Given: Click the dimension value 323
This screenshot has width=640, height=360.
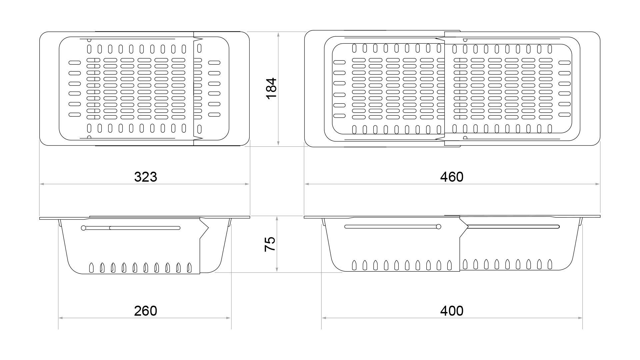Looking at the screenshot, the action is pos(145,177).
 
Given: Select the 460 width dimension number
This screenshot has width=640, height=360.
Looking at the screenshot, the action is pos(452,177).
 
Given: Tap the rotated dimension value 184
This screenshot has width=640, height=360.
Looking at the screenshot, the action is pos(272,88).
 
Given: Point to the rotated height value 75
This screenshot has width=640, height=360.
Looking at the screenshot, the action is pos(270,244).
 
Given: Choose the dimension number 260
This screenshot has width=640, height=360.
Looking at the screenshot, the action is pos(145,311).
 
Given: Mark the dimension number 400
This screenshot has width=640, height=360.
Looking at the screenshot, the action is pos(452,311).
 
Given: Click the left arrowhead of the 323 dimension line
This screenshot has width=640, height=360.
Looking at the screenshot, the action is pos(42,184).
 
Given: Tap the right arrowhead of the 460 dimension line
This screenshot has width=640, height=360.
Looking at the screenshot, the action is pos(597,184).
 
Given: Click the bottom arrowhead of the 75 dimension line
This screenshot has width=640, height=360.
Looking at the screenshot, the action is pos(277,270).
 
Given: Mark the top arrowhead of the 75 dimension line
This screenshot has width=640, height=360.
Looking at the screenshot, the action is pos(277,218).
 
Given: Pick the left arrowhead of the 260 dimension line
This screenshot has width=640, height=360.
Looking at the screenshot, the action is pos(61,318).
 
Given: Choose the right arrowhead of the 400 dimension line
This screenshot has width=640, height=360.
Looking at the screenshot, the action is pos(580,318).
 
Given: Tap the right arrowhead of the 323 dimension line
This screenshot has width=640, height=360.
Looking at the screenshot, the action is pos(247,184).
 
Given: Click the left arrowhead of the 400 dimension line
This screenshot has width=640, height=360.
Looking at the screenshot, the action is pos(324,318).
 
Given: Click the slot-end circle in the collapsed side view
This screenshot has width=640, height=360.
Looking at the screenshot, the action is pos(83,228).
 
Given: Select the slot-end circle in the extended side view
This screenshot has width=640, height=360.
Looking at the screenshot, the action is pos(438,227).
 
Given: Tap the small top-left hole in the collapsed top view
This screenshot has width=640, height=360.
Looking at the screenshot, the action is pos(89,40).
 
